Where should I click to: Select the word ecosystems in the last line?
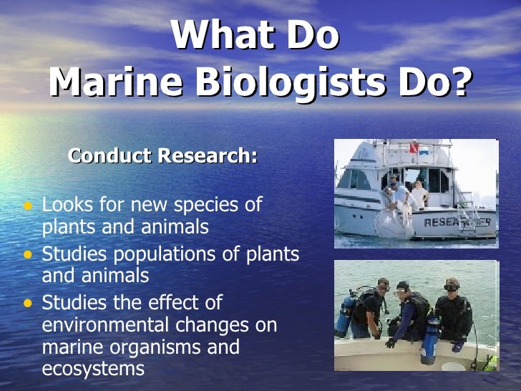(94, 370)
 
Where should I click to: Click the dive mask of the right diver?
(451, 287)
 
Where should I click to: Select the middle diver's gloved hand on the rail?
(391, 343)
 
